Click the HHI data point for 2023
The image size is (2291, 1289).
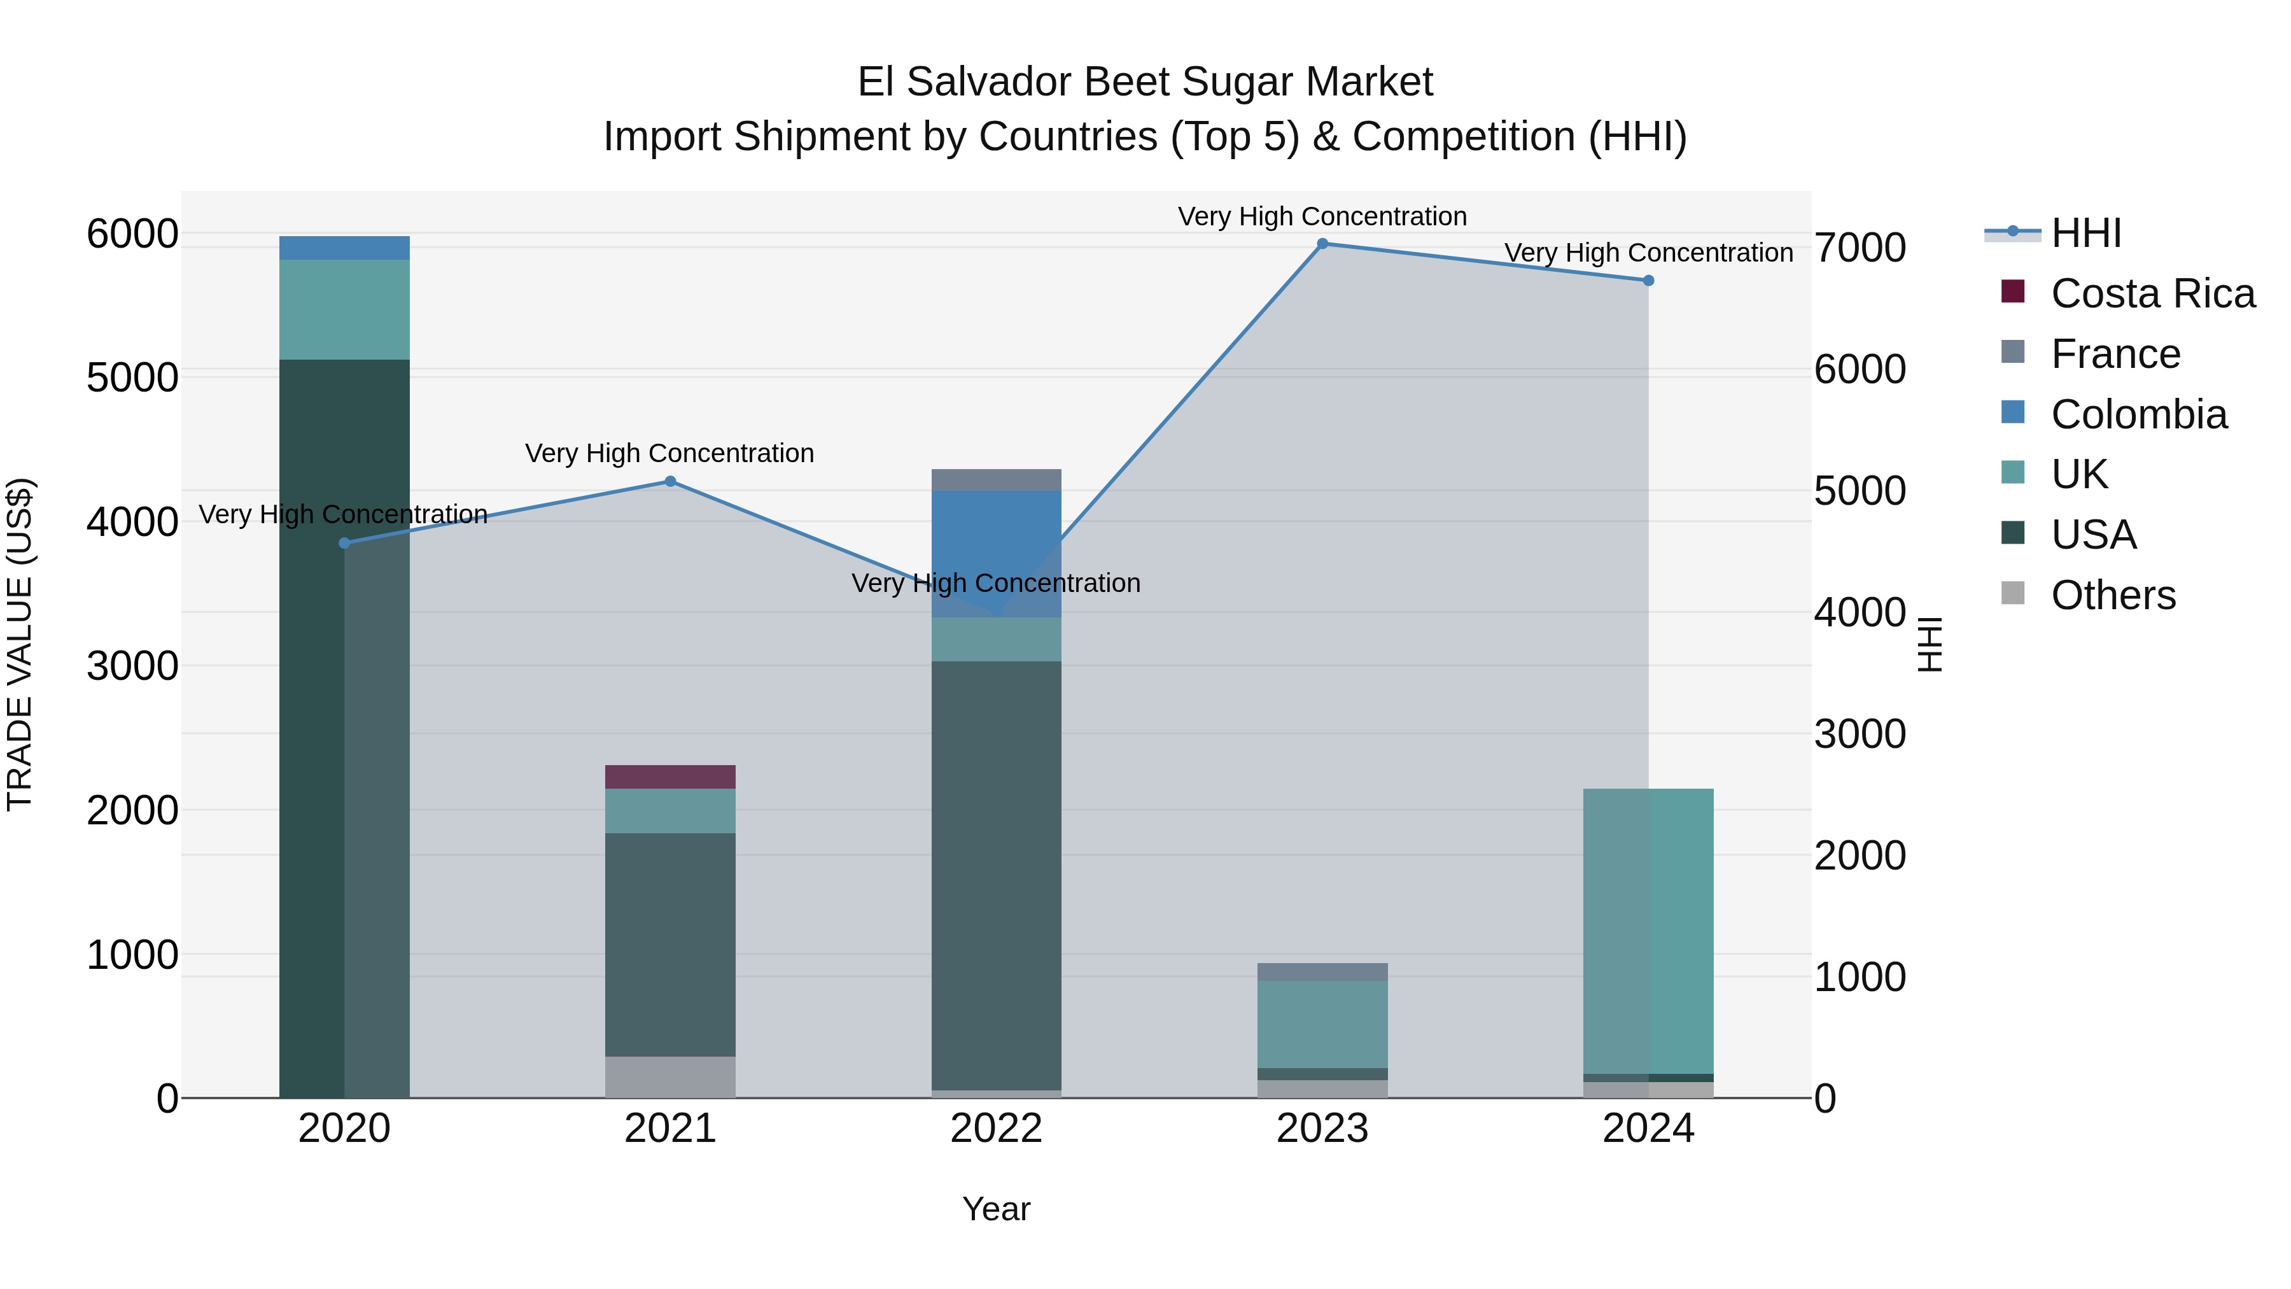[1322, 244]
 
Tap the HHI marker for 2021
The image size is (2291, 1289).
[671, 481]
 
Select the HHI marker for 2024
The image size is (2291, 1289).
[1648, 280]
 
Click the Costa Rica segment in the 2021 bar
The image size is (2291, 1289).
[671, 777]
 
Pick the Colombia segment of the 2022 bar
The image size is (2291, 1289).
[996, 553]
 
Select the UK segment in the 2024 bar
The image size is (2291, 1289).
[1648, 931]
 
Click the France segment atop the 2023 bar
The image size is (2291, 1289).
[1322, 971]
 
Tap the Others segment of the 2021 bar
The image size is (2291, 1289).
[671, 1076]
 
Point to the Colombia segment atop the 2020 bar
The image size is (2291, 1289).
[344, 248]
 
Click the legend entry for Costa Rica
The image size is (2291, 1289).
[2152, 293]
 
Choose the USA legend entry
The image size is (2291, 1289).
[2094, 535]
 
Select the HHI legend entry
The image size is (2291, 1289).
[2085, 233]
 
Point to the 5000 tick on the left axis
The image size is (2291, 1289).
[132, 377]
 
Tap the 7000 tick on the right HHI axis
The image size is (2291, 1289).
[1860, 248]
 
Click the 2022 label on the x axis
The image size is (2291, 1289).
[996, 1129]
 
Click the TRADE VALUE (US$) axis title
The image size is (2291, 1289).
[20, 644]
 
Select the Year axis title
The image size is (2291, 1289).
[996, 1209]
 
